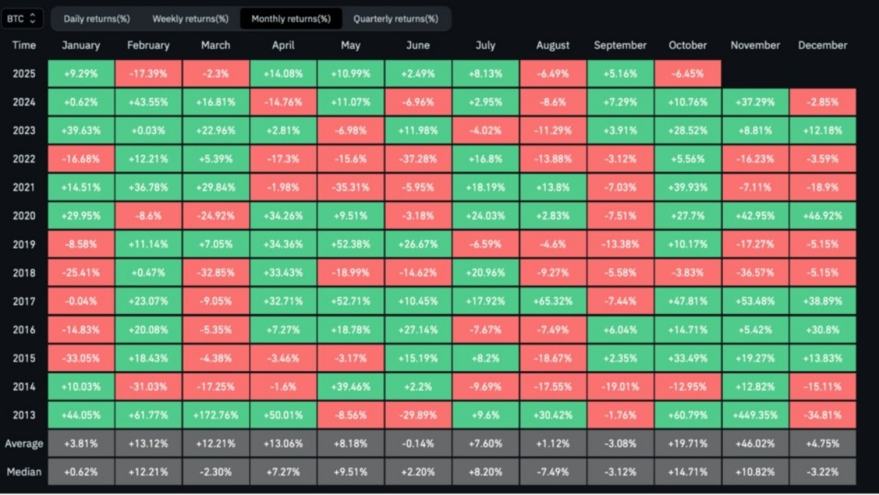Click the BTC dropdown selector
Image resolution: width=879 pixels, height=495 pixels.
23,18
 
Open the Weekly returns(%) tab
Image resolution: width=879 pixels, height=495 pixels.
190,18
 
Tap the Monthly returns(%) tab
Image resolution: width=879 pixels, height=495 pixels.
291,18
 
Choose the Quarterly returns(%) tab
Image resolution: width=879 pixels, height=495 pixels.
396,18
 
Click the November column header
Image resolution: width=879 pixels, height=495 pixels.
755,45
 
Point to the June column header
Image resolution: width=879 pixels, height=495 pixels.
418,45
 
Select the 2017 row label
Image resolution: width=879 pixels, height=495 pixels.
24,301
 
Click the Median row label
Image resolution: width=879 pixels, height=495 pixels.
24,472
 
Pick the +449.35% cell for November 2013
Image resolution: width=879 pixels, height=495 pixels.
755,415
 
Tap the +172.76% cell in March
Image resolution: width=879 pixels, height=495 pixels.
215,415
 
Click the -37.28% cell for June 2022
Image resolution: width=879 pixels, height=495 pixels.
418,159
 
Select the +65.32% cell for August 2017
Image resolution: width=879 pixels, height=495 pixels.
552,301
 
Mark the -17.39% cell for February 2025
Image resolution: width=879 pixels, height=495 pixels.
148,74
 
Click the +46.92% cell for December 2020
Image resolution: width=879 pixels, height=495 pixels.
823,216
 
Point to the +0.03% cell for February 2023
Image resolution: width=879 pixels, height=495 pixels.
148,131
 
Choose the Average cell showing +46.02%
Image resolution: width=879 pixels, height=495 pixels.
755,443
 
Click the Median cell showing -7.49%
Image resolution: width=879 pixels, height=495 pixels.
552,472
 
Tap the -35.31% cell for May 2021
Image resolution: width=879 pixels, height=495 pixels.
350,187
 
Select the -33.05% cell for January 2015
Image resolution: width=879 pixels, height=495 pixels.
81,358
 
